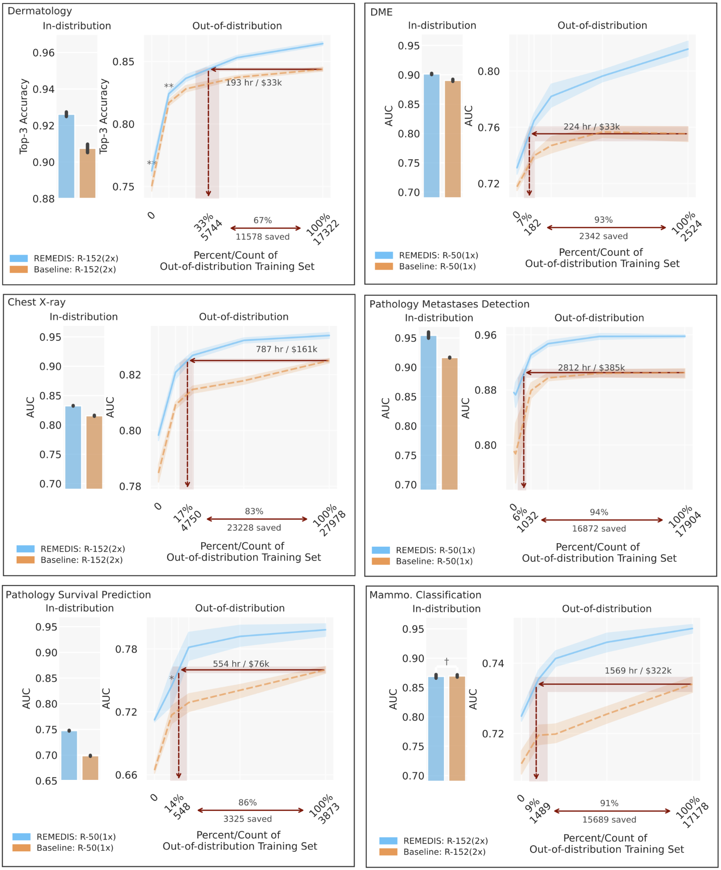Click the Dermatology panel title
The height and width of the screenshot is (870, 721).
40,11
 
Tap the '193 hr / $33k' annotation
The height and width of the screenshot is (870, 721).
254,83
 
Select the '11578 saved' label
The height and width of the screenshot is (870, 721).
262,237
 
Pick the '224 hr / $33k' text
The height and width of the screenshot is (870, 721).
591,127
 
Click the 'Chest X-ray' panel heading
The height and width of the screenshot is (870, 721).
37,302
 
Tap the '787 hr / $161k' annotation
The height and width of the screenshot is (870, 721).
286,349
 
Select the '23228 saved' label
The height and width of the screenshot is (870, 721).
254,527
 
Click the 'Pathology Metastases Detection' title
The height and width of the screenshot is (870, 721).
449,304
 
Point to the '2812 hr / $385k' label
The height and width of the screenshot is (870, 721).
591,368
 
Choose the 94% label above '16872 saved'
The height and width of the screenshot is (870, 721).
599,512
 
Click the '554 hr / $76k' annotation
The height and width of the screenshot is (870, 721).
241,664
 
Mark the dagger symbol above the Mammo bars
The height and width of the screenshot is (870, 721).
447,662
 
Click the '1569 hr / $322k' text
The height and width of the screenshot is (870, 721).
638,671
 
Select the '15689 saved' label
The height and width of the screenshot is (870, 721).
609,820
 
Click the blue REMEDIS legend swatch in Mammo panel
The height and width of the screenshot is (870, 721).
388,841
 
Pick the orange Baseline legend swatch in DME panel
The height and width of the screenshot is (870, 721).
384,266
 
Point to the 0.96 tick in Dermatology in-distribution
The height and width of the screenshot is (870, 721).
44,53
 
